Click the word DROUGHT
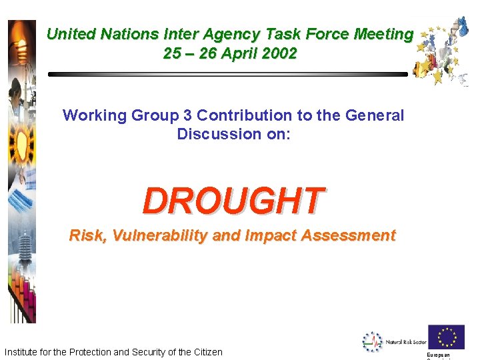(233, 200)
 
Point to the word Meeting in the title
(382, 34)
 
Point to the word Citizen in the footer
(207, 352)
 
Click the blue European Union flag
(446, 337)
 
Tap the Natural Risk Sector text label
(405, 342)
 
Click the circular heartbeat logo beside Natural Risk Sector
(372, 341)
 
